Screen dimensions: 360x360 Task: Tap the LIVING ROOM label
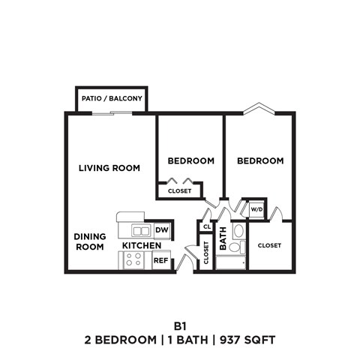pyautogui.click(x=109, y=168)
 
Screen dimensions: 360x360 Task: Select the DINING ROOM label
pyautogui.click(x=89, y=241)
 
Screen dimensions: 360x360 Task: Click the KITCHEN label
pyautogui.click(x=142, y=246)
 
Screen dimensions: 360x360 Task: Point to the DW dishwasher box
pyautogui.click(x=160, y=229)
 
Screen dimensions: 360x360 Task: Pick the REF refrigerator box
pyautogui.click(x=160, y=260)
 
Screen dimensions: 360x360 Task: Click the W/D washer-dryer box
pyautogui.click(x=256, y=208)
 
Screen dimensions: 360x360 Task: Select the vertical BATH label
pyautogui.click(x=223, y=239)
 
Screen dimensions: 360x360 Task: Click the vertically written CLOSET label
pyautogui.click(x=205, y=255)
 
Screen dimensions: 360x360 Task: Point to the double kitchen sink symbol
pyautogui.click(x=140, y=229)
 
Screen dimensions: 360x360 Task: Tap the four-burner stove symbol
pyautogui.click(x=134, y=260)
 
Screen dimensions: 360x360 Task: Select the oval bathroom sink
pyautogui.click(x=238, y=230)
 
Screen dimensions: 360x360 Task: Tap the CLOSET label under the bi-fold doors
pyautogui.click(x=179, y=191)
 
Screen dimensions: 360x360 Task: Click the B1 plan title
pyautogui.click(x=179, y=325)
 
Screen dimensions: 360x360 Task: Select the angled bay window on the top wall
pyautogui.click(x=259, y=108)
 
